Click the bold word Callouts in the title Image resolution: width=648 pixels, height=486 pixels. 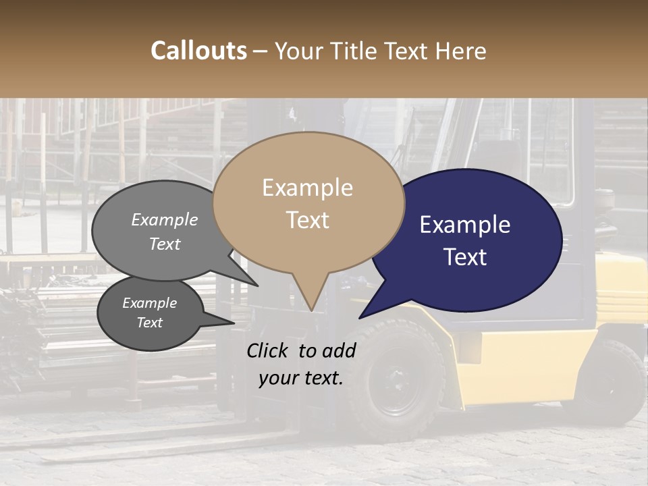pos(198,51)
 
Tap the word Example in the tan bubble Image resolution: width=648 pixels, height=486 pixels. pos(307,188)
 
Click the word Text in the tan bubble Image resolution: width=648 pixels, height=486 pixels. pos(307,220)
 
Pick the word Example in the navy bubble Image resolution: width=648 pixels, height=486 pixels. pos(464,225)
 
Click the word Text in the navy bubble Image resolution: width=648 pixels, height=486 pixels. pos(466,257)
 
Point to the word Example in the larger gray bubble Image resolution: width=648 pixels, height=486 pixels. pos(164,219)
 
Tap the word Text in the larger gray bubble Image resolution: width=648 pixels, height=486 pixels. pos(164,244)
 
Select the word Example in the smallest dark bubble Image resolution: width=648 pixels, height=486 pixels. pos(149,303)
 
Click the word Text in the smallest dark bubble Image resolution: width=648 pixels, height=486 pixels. pos(149,323)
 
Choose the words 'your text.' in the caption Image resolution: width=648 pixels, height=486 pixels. pos(301,378)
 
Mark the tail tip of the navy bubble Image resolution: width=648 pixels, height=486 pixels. pos(360,317)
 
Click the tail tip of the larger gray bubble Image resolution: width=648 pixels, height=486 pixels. pos(257,286)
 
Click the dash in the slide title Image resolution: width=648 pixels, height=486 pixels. pos(260,51)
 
